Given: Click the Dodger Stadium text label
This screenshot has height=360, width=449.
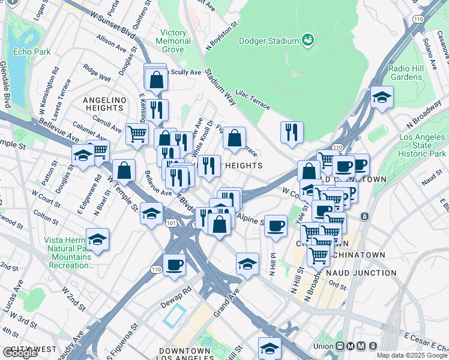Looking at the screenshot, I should (268, 41).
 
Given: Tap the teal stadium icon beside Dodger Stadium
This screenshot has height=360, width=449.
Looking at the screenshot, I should (308, 40).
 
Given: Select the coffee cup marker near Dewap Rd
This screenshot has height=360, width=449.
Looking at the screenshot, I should (175, 265).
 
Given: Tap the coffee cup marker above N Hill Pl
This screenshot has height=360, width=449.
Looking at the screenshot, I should (276, 226).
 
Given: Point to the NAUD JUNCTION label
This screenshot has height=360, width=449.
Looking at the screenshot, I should (362, 273).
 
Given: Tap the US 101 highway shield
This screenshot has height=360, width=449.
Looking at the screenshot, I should (170, 223).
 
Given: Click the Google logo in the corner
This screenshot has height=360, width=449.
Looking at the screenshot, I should (20, 353).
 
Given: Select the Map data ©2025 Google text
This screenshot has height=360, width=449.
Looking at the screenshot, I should (412, 355).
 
